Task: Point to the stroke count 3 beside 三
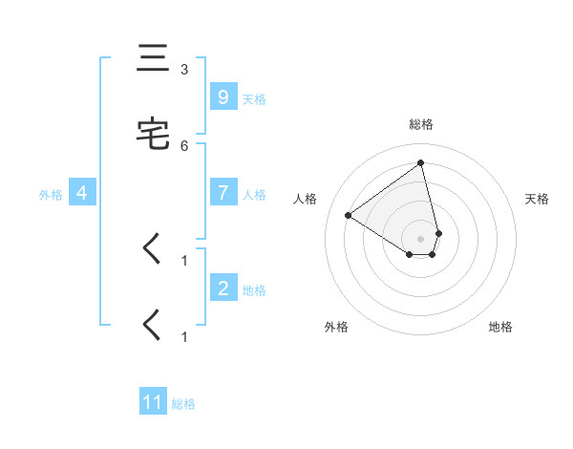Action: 184,70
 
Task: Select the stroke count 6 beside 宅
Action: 184,145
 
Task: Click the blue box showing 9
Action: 223,96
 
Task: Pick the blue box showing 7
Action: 223,193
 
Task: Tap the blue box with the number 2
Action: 223,289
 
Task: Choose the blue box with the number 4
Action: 81,193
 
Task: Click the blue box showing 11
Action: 153,402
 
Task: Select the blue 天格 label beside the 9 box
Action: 254,98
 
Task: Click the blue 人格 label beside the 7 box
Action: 254,195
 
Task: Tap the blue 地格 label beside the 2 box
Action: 254,290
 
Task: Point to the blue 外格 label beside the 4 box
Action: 51,195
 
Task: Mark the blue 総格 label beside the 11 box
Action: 183,404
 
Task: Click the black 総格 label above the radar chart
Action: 421,124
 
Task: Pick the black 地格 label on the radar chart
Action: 500,327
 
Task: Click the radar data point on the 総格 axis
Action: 421,162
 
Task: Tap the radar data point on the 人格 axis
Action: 348,215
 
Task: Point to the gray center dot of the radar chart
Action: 421,239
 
